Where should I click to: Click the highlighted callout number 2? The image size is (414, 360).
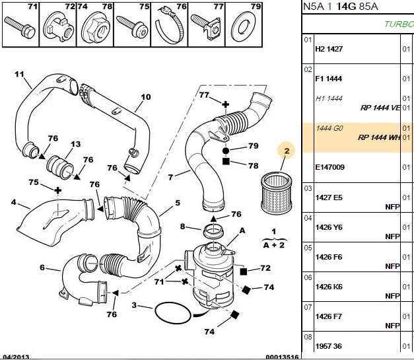point(286,151)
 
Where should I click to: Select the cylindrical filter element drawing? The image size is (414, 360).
point(276,193)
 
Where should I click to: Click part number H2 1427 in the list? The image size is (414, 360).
point(329,49)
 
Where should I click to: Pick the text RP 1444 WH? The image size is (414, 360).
point(379,137)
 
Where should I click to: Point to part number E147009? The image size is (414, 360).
point(329,167)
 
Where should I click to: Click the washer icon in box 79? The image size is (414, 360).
point(243,28)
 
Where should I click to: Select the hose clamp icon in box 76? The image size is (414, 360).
point(169,25)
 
